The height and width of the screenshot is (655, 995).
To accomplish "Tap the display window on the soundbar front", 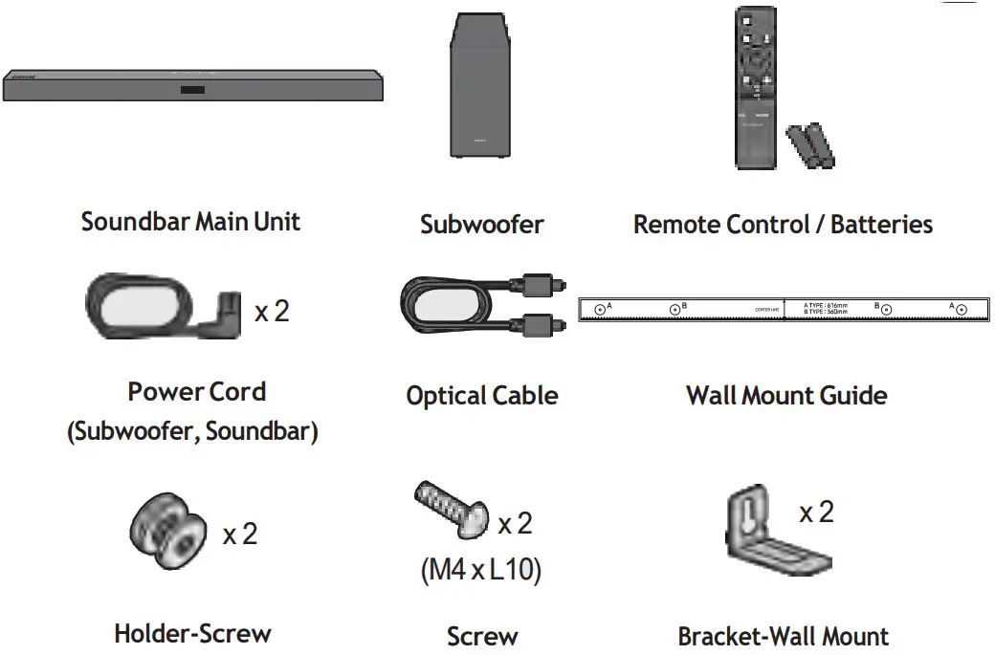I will click(191, 91).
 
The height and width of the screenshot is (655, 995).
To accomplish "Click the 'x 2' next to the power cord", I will click(272, 312).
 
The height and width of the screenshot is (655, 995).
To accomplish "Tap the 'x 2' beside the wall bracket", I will click(816, 513).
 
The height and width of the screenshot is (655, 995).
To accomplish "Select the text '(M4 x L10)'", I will click(480, 571).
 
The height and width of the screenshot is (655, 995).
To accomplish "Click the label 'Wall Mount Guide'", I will click(786, 395).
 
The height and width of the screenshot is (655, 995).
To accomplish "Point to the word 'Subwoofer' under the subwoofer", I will click(481, 225).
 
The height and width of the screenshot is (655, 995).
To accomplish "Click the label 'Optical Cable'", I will click(481, 395).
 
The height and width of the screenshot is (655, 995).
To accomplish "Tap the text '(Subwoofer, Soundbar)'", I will click(192, 431).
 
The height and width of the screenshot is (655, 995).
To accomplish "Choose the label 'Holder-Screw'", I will click(192, 633).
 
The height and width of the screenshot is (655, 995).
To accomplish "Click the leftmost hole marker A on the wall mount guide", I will click(599, 309).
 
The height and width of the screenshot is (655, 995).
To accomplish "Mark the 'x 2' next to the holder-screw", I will click(240, 534).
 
